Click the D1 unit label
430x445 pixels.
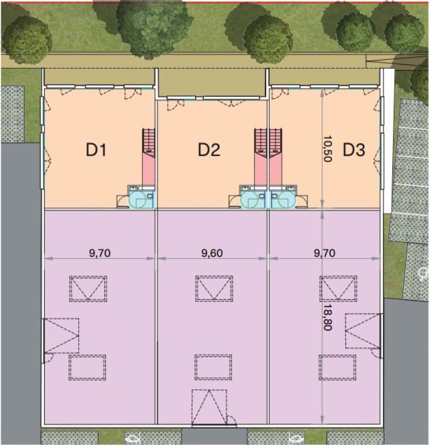pyautogui.click(x=96, y=150)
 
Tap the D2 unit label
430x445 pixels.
pyautogui.click(x=209, y=150)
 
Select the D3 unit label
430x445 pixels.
pyautogui.click(x=354, y=150)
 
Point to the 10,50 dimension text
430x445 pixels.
pyautogui.click(x=327, y=149)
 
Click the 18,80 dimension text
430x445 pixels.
pyautogui.click(x=327, y=317)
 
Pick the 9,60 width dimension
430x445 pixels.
pyautogui.click(x=212, y=253)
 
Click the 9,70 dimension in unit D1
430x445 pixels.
pyautogui.click(x=100, y=253)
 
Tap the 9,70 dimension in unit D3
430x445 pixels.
pyautogui.click(x=324, y=253)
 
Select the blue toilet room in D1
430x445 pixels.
pyautogui.click(x=142, y=198)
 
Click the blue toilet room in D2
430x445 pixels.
pyautogui.click(x=253, y=198)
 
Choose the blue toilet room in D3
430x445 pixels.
pyautogui.click(x=283, y=198)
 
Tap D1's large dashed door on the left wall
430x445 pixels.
pyautogui.click(x=61, y=336)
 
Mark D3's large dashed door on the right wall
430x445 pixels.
pyautogui.click(x=363, y=331)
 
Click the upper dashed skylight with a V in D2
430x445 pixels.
pyautogui.click(x=214, y=289)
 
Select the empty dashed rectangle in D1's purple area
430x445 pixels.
pyautogui.click(x=88, y=367)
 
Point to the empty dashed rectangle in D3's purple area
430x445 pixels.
pyautogui.click(x=338, y=367)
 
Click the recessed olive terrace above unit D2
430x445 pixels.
pyautogui.click(x=212, y=82)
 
